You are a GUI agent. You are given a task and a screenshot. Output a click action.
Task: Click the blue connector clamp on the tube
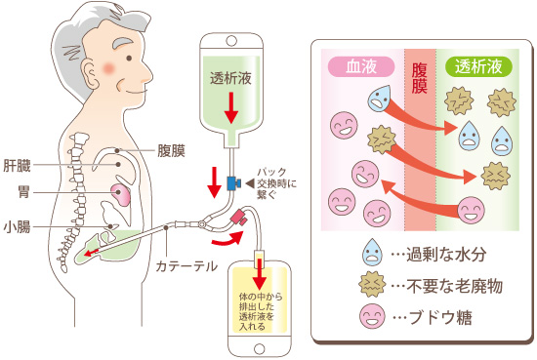pyautogui.click(x=234, y=182)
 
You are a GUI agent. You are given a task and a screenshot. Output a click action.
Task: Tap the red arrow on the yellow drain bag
pyautogui.click(x=261, y=266)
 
